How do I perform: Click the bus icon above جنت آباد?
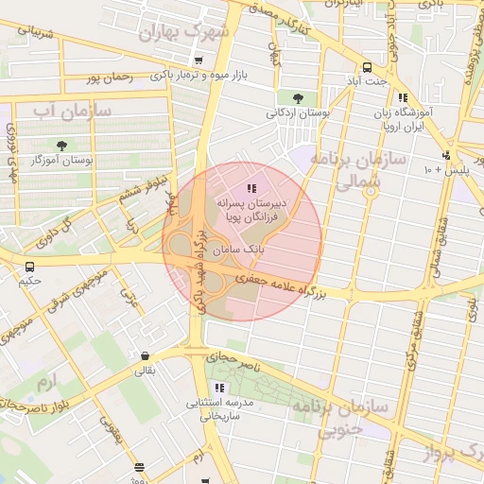[x=367, y=67]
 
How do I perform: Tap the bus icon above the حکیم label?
[x=29, y=268]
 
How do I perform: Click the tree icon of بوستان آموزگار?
[x=61, y=147]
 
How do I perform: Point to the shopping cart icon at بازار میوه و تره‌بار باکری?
[x=197, y=61]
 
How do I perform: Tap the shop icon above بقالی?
[x=145, y=356]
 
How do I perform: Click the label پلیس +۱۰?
[x=441, y=169]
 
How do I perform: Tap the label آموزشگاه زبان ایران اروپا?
[x=403, y=118]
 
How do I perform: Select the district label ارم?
[x=44, y=382]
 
